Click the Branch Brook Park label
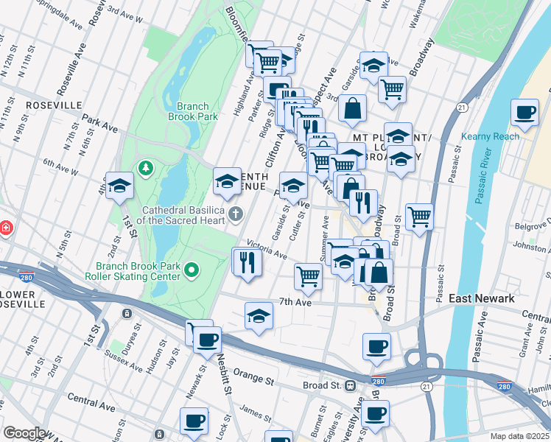pos(192,111)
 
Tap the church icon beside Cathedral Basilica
pos(236,214)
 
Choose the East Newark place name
pos(482,298)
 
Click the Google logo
pos(24,432)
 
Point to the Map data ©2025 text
pos(519,436)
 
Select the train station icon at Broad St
pos(350,385)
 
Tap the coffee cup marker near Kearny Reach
pos(524,113)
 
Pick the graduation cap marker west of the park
pos(119,187)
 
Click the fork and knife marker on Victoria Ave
pos(248,262)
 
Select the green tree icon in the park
pos(146,169)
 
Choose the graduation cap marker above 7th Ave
pos(259,316)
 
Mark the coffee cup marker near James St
pos(194,421)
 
